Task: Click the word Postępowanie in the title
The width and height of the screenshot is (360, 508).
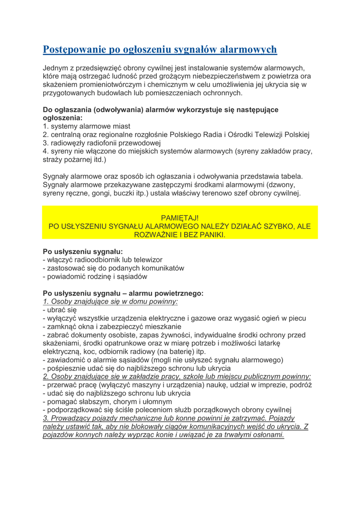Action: pyautogui.click(x=75, y=50)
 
